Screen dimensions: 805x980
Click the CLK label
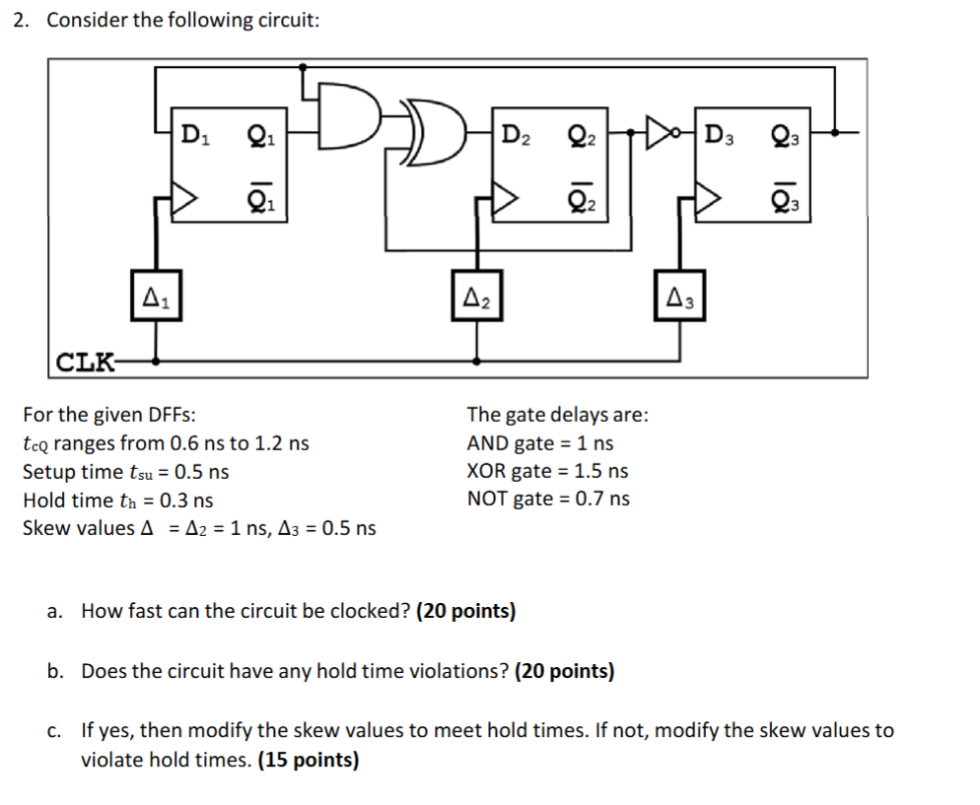[83, 362]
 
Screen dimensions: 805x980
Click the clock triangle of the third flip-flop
[707, 199]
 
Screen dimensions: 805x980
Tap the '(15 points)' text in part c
[308, 761]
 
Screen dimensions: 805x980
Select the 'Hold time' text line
[67, 500]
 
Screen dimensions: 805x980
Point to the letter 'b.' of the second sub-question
[56, 672]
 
